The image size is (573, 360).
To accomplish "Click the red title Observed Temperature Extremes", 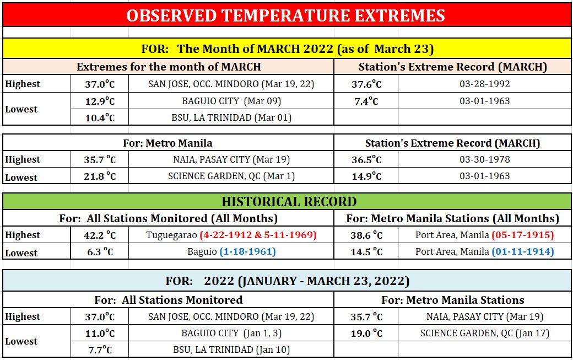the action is tap(285, 15).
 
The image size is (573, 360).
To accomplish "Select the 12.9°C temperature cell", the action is tap(100, 101).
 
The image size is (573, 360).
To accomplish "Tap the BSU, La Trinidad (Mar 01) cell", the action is tap(231, 117).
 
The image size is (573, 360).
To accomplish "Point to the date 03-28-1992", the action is tap(484, 84).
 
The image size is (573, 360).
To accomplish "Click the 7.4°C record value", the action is tap(366, 101).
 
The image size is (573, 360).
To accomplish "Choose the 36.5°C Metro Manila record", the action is tap(366, 159).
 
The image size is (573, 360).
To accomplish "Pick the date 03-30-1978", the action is tap(484, 159).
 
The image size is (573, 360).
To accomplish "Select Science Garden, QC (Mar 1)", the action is tap(231, 176).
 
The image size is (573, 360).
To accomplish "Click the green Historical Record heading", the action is tap(289, 202).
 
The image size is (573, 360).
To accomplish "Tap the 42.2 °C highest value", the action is tap(100, 235).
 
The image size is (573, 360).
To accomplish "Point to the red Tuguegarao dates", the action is tap(258, 235).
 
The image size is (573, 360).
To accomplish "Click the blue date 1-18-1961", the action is tap(247, 251).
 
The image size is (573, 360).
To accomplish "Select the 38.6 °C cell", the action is tap(366, 235).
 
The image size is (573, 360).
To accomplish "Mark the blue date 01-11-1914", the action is tap(523, 251).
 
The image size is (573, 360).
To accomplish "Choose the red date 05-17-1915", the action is tap(523, 235).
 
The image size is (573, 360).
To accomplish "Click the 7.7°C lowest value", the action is tap(100, 350).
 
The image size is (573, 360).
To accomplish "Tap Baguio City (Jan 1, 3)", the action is tap(231, 334).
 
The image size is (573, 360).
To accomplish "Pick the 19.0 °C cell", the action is tap(366, 334).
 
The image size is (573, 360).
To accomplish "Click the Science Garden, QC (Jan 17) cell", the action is tap(484, 334).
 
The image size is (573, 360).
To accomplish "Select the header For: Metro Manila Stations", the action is tap(453, 300).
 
